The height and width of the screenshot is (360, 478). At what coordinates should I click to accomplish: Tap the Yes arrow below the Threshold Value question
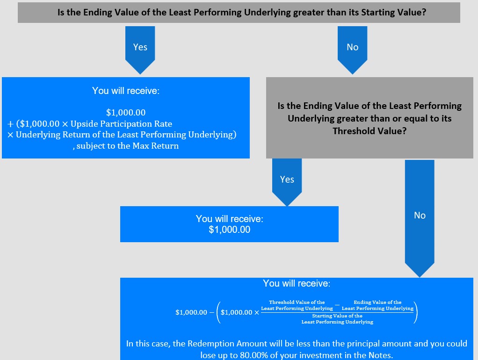point(287,182)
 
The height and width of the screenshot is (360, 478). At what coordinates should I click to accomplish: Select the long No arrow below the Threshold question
point(420,218)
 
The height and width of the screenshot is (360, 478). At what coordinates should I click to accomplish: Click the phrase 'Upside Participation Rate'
point(121,124)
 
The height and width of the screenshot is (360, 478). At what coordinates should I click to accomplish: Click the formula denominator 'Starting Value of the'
point(337,316)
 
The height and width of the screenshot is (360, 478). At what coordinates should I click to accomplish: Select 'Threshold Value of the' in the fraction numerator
point(297,302)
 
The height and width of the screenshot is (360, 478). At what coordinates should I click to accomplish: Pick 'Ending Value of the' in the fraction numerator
point(377,302)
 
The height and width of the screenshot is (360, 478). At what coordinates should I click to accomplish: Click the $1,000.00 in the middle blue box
point(230,230)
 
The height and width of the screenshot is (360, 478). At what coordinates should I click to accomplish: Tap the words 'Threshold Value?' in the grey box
point(369,131)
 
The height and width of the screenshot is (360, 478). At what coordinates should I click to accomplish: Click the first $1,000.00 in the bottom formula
point(191,312)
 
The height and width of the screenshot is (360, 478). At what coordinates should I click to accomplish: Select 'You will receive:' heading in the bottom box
point(297,283)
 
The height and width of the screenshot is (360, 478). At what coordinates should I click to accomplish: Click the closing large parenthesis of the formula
point(415,312)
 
